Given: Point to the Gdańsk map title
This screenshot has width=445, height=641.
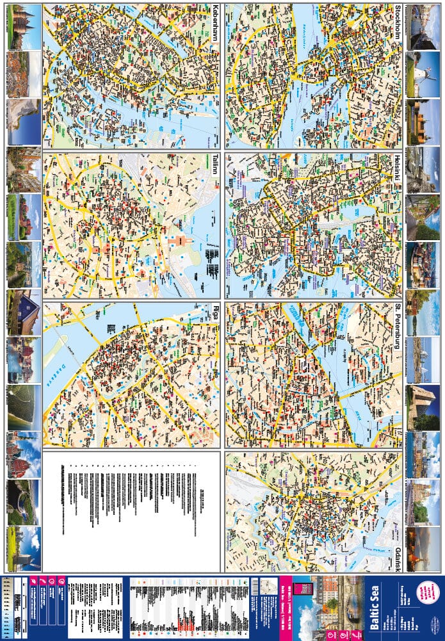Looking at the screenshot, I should click(398, 558).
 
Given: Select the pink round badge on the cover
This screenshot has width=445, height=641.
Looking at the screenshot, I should click(426, 593).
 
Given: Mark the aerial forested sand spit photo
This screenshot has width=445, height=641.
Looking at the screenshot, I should click(23, 407).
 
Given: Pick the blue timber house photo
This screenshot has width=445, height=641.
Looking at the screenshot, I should click(23, 312).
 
